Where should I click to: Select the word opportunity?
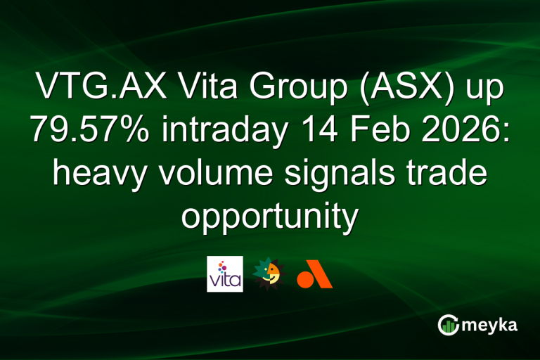270,214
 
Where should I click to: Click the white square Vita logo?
225,274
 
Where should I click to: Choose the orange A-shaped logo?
314,274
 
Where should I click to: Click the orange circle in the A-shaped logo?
305,279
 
